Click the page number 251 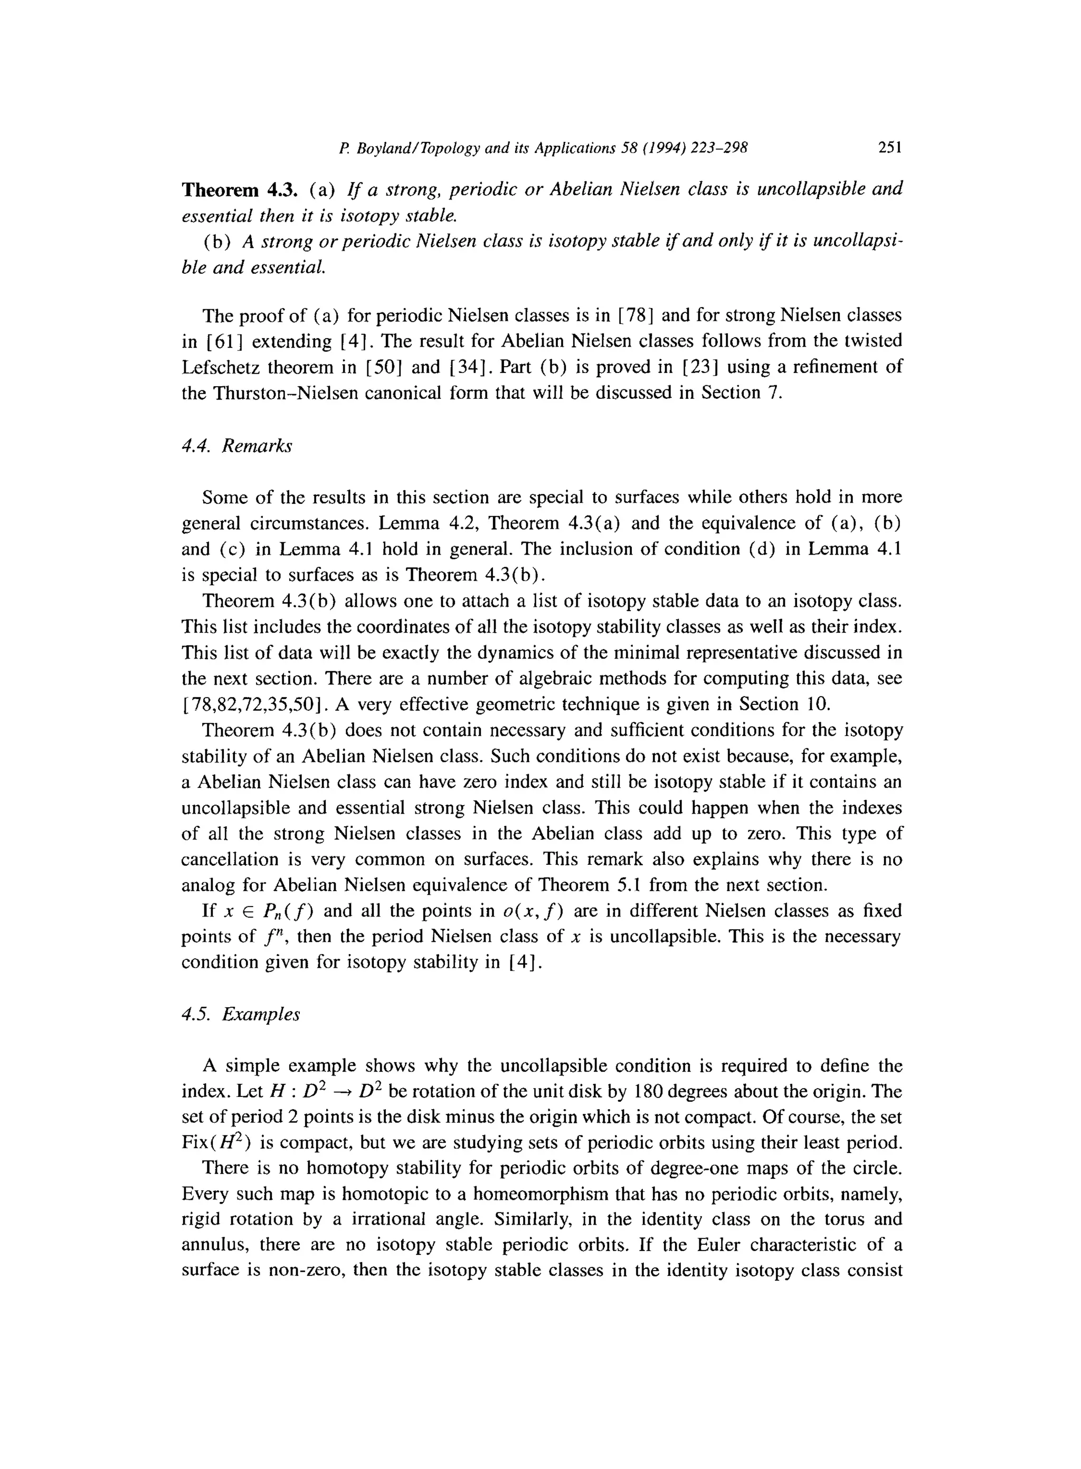tap(890, 148)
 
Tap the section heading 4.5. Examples tap(241, 1015)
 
